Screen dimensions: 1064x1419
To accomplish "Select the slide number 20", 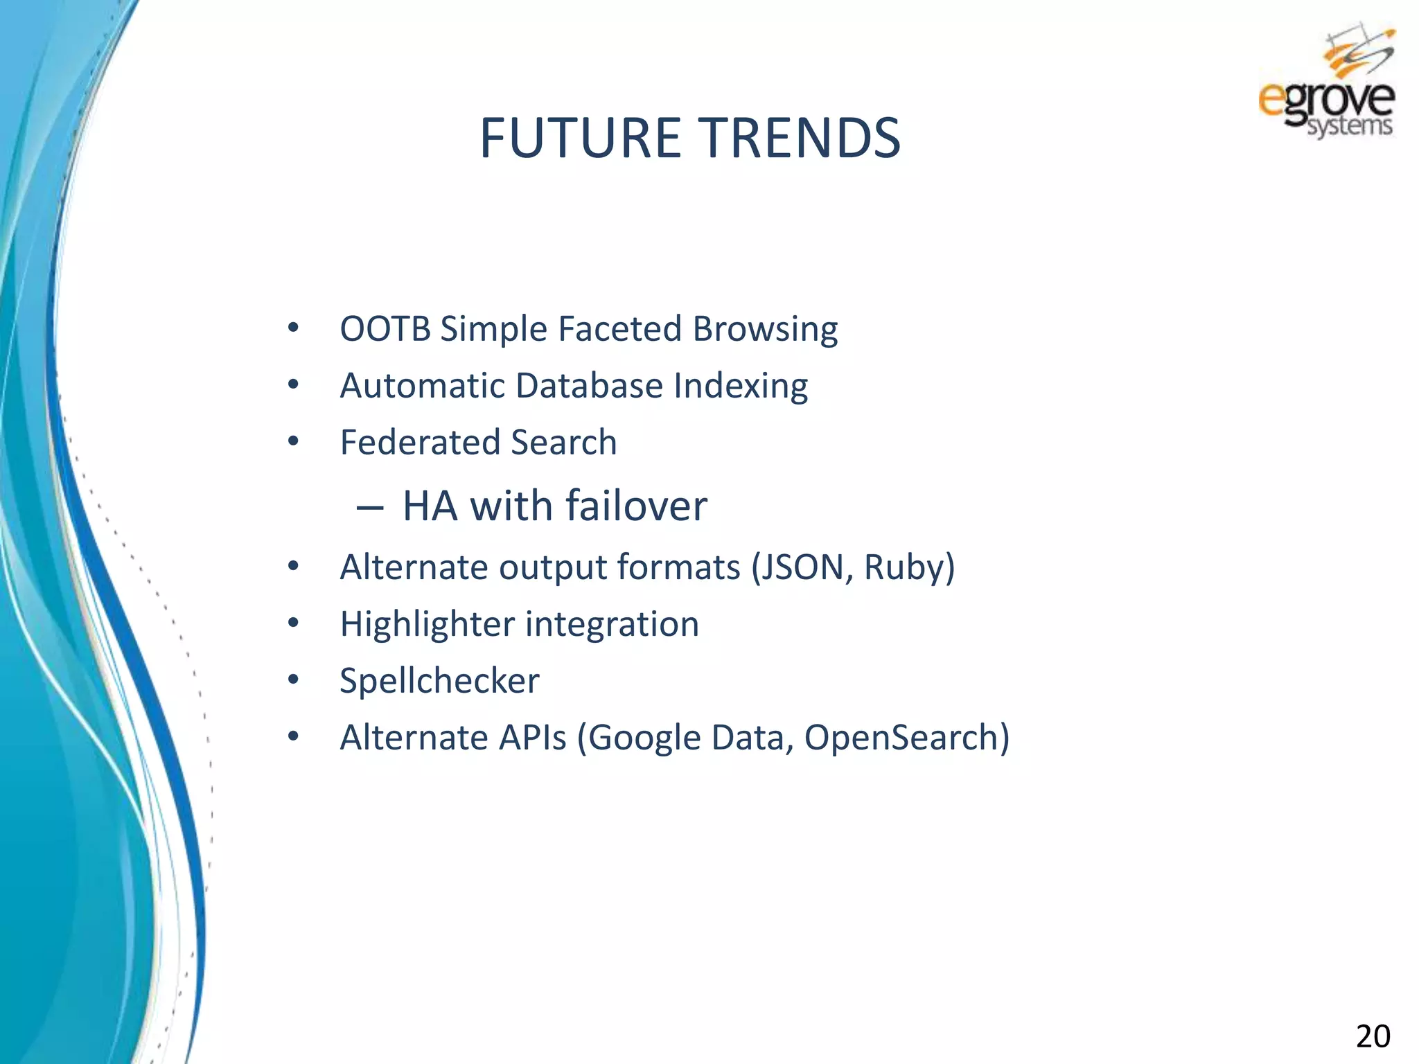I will [1372, 1036].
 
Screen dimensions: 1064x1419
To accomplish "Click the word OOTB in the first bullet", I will [385, 328].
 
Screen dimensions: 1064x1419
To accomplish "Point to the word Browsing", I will [765, 330].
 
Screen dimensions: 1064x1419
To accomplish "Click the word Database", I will [589, 386].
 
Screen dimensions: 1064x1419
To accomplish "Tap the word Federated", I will [418, 443].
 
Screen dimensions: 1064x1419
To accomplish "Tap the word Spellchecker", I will [439, 682].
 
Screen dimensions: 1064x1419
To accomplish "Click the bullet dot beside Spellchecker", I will [293, 680].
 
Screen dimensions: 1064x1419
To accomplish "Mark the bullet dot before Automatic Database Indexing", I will [293, 384].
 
